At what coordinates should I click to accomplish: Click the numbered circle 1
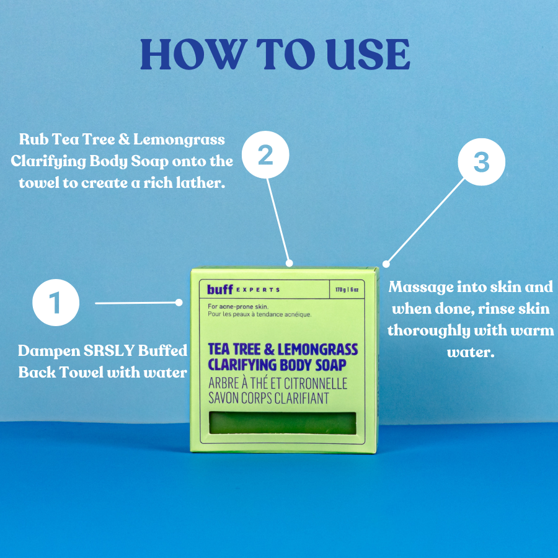56,303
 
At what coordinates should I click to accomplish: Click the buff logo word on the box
220,289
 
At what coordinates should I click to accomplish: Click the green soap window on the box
283,423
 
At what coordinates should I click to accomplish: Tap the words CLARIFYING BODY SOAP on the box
277,365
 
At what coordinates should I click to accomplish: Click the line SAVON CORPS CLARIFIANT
268,398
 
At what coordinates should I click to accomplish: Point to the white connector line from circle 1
136,303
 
